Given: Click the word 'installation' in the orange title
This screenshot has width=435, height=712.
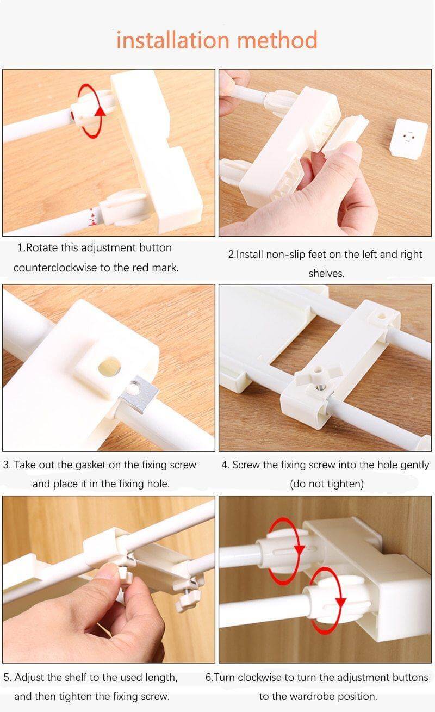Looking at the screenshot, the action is pyautogui.click(x=173, y=40).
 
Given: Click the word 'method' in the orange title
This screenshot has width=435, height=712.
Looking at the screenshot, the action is pyautogui.click(x=277, y=40).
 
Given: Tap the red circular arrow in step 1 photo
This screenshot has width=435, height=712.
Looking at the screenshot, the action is pyautogui.click(x=91, y=111).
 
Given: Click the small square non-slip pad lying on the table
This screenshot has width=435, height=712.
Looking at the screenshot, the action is pyautogui.click(x=408, y=138).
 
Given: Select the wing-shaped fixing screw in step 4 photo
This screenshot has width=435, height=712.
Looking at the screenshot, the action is pyautogui.click(x=318, y=375).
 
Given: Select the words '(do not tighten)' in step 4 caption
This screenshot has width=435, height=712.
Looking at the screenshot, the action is pyautogui.click(x=327, y=484).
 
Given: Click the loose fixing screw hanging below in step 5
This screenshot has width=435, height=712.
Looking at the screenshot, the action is pyautogui.click(x=185, y=599).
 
